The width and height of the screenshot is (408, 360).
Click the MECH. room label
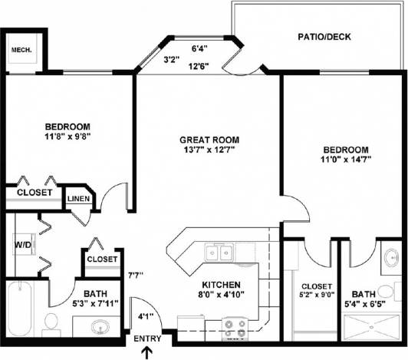(21, 51)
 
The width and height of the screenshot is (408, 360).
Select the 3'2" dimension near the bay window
(172, 59)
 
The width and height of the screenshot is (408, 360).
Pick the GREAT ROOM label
(209, 140)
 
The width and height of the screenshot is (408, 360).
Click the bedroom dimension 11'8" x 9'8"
(67, 138)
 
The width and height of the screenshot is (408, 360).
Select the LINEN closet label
(79, 200)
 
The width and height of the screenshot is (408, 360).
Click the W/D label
(22, 246)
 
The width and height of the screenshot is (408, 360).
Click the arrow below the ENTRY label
(148, 352)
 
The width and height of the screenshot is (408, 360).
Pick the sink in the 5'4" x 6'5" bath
(391, 256)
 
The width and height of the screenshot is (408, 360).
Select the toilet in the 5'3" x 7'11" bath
(51, 324)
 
